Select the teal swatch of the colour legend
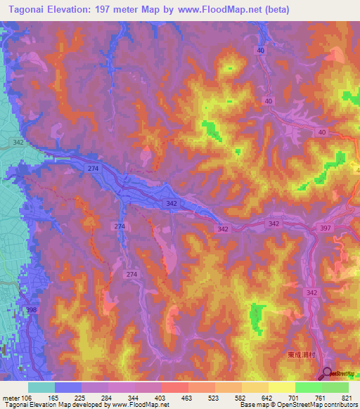coord(41,387)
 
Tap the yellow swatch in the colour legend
coord(282,387)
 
